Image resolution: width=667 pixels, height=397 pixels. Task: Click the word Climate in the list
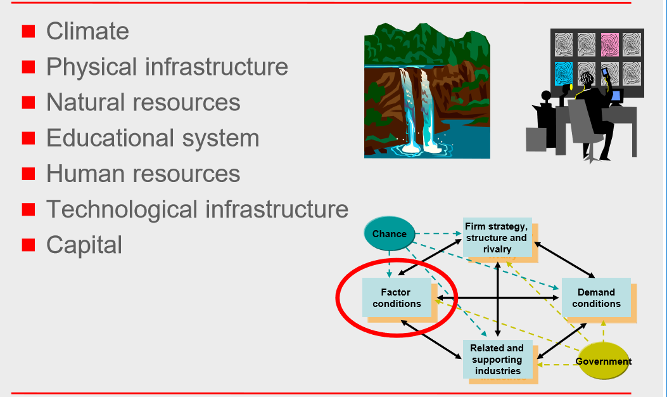87,31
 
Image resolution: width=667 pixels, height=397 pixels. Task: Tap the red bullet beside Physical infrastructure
29,67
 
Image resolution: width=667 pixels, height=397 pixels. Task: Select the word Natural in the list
85,103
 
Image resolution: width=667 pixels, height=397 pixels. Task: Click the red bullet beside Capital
29,245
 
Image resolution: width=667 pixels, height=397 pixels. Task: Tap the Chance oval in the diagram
389,233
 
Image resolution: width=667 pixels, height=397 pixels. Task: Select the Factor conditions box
397,297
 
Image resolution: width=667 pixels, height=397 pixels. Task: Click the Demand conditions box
596,297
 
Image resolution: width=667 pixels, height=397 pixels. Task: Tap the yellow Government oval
603,361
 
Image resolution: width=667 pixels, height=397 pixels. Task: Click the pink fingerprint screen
609,45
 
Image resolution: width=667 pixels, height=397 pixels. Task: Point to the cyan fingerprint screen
564,74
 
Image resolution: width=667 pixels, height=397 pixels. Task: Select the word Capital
84,245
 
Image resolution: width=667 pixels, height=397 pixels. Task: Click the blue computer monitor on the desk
616,96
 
